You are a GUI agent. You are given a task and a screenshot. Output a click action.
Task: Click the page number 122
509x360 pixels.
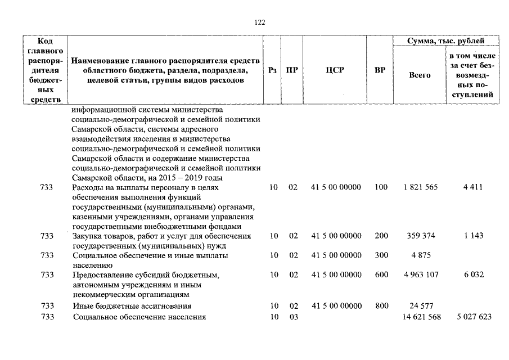coord(259,22)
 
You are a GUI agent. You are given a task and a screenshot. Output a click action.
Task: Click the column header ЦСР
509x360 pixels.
coord(335,70)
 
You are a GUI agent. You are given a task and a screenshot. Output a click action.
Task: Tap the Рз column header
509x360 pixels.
coord(273,70)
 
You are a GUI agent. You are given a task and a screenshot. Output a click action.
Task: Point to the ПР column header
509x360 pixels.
coord(292,70)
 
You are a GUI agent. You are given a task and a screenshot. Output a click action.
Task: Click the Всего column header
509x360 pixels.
coord(420,75)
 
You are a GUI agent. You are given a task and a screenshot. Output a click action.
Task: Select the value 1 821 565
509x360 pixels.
coord(420,187)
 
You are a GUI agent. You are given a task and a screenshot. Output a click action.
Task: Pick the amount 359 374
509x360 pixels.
coord(421,236)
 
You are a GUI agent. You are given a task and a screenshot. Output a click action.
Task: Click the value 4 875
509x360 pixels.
coord(421,255)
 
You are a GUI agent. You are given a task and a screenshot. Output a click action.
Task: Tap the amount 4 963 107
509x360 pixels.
coord(420,275)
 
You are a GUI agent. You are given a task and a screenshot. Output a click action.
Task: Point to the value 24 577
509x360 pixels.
coord(421,306)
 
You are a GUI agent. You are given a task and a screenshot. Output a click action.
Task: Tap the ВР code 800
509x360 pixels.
coord(381,306)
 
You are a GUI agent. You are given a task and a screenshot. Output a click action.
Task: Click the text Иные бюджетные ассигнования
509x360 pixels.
coord(132,306)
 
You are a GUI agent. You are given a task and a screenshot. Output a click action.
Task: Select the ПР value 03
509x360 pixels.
coord(293,317)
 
